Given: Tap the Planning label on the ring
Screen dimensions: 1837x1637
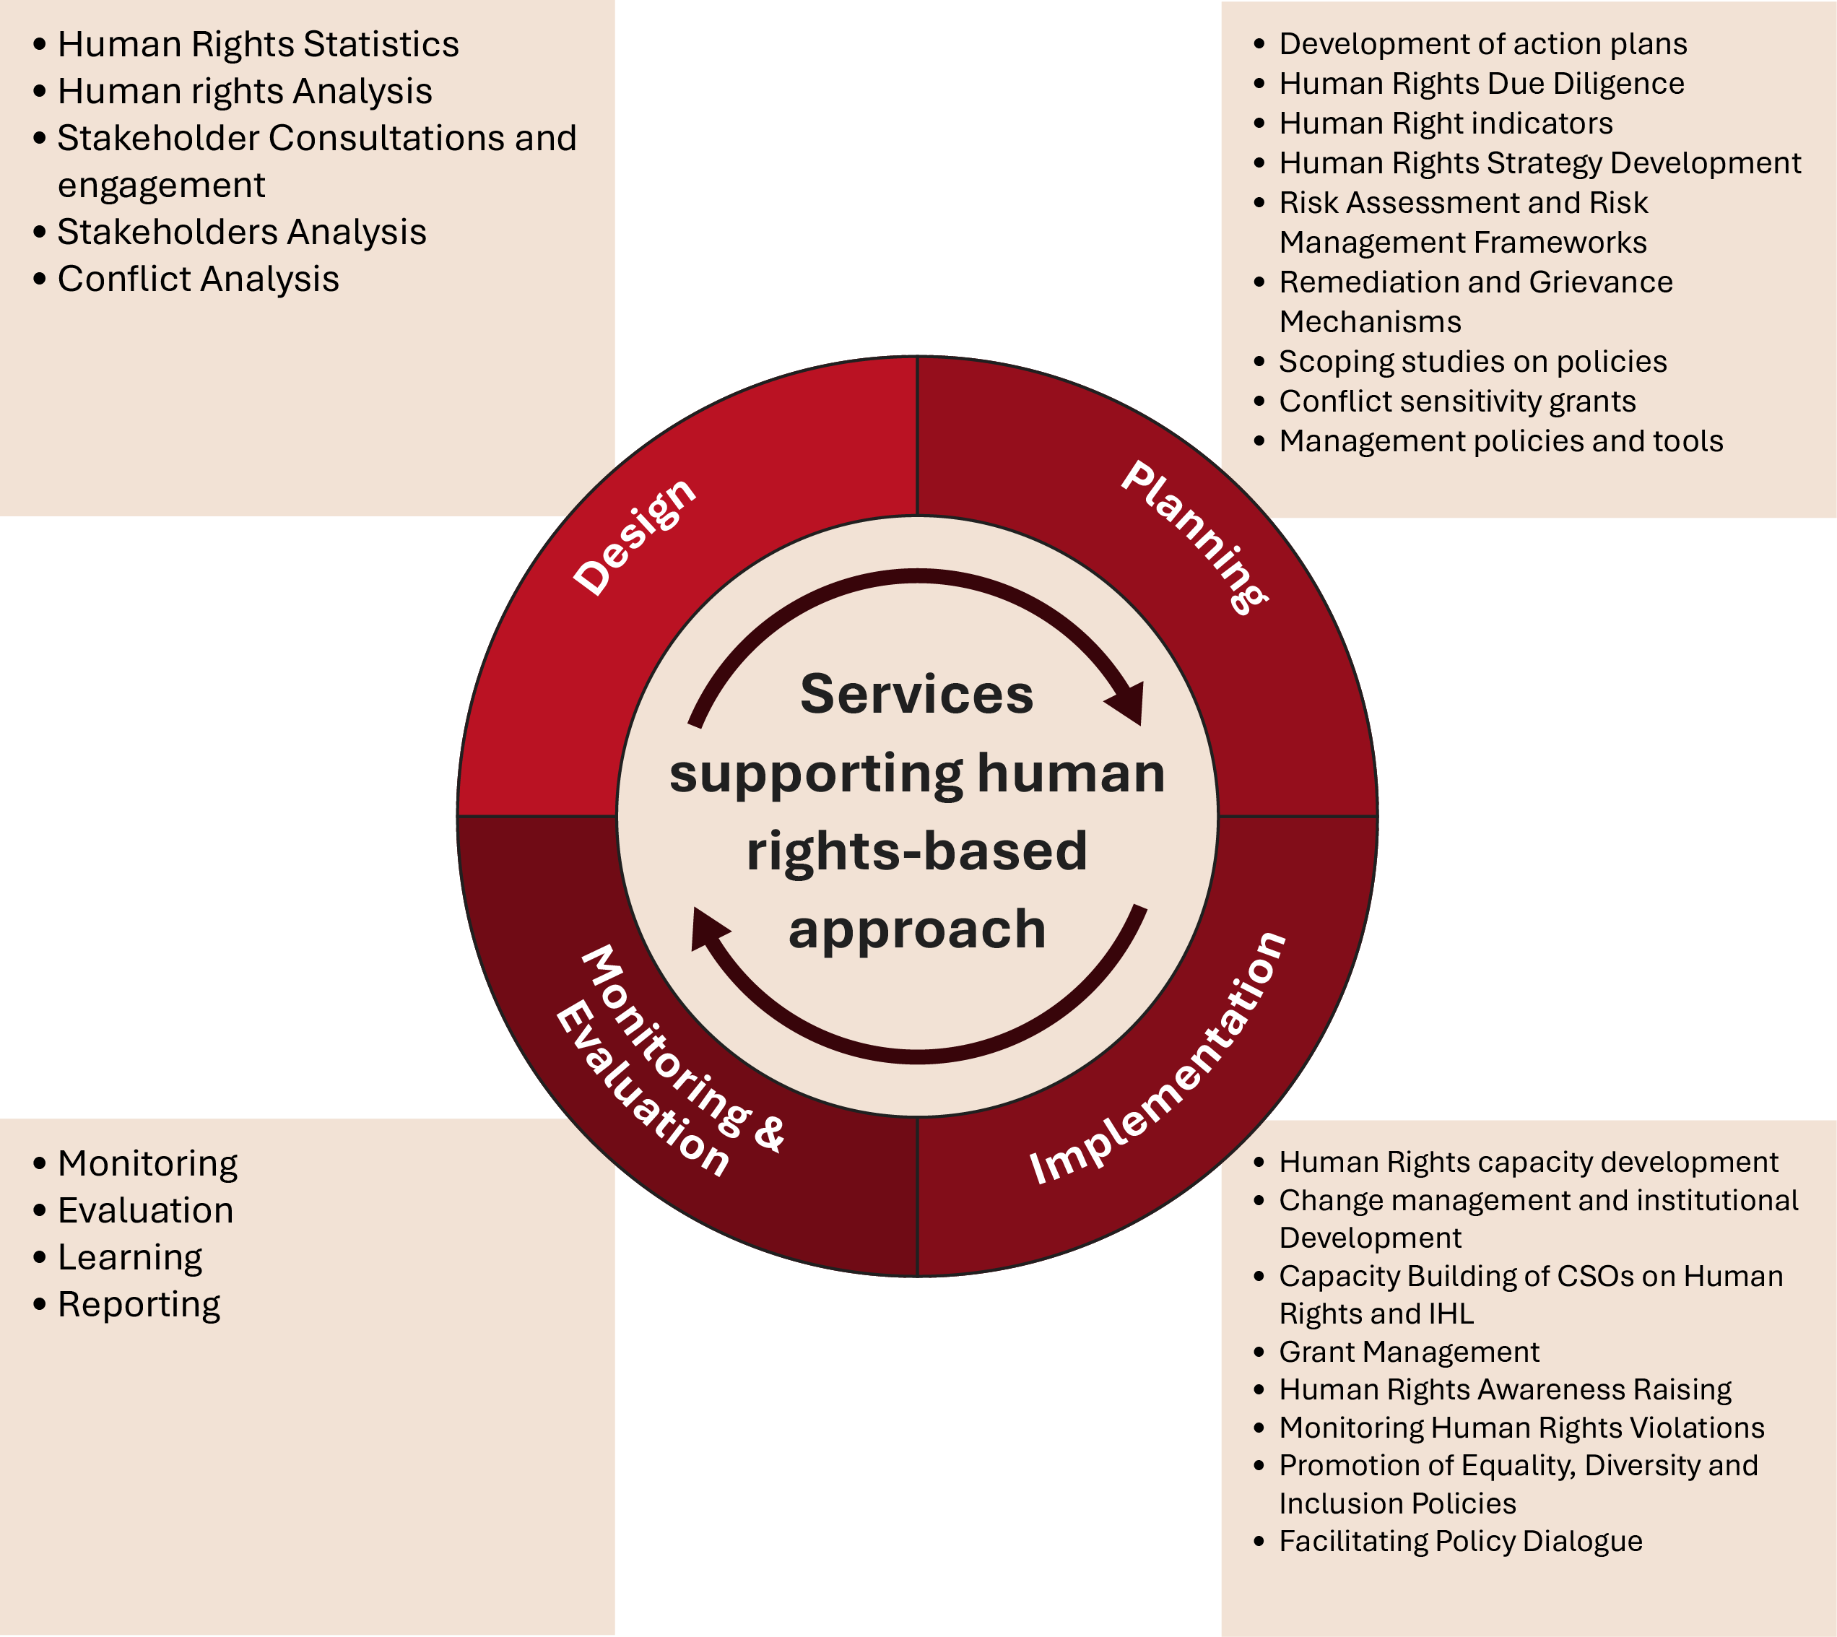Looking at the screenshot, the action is point(1194,537).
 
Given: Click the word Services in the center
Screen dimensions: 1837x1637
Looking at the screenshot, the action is point(917,695).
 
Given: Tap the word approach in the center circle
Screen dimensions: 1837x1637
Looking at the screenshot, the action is point(917,930).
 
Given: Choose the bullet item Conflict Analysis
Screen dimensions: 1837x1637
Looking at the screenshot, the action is point(198,279).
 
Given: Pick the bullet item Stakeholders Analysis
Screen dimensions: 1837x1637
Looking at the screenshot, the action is point(241,232).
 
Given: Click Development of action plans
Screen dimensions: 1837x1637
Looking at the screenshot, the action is point(1482,43).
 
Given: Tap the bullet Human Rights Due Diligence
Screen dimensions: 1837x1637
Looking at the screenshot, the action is point(1481,84).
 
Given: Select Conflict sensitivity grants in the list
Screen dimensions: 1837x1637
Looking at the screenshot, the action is point(1456,401).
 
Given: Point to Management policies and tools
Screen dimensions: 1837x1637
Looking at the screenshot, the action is point(1501,440).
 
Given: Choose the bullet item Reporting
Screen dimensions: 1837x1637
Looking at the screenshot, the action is point(139,1304).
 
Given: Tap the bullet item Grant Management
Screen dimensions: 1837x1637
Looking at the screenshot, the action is point(1409,1352).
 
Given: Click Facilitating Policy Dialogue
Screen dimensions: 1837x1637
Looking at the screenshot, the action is point(1460,1541).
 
